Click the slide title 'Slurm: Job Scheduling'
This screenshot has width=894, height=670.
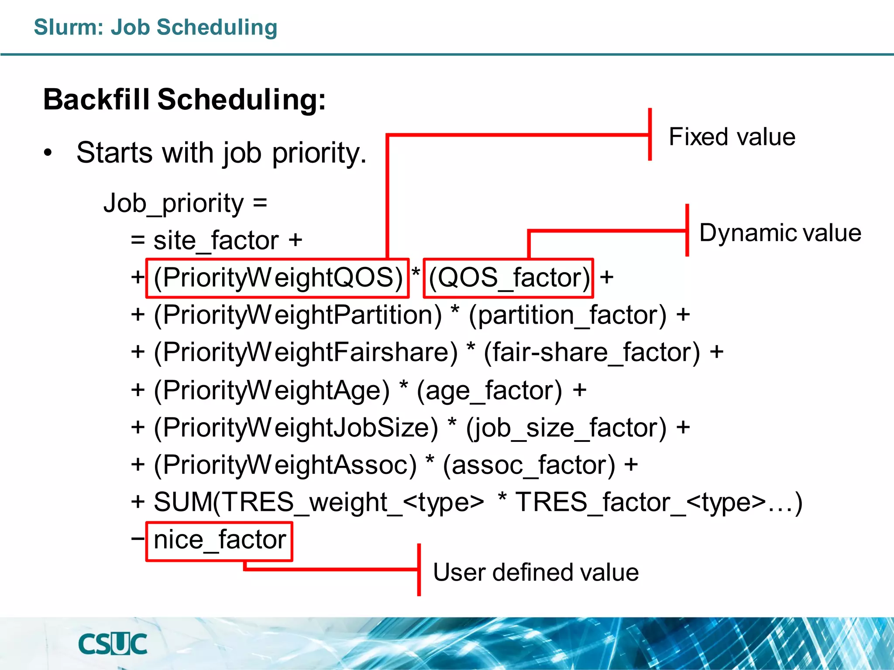coord(155,27)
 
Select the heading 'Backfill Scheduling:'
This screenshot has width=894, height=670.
coord(185,100)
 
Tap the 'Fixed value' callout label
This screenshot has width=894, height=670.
coord(732,137)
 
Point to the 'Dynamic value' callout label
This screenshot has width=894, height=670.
coord(780,232)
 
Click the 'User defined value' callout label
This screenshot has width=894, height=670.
coord(536,572)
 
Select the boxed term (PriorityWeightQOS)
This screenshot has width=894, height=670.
coord(278,278)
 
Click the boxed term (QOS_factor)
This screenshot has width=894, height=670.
coord(509,278)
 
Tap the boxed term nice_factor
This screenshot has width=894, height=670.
coord(220,540)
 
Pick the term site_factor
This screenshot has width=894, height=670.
coord(216,240)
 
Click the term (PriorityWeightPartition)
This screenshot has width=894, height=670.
coord(298,315)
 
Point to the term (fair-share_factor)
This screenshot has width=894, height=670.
coord(592,352)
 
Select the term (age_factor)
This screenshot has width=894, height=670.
coord(489,390)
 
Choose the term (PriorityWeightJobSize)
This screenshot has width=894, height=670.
coord(296,427)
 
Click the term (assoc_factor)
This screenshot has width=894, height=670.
coord(529,465)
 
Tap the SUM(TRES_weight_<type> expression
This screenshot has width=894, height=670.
coord(319,502)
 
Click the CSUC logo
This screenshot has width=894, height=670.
coord(113,644)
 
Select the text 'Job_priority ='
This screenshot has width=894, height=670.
coord(185,203)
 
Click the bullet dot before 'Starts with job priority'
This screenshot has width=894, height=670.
coord(48,153)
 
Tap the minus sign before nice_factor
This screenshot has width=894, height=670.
coord(138,538)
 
